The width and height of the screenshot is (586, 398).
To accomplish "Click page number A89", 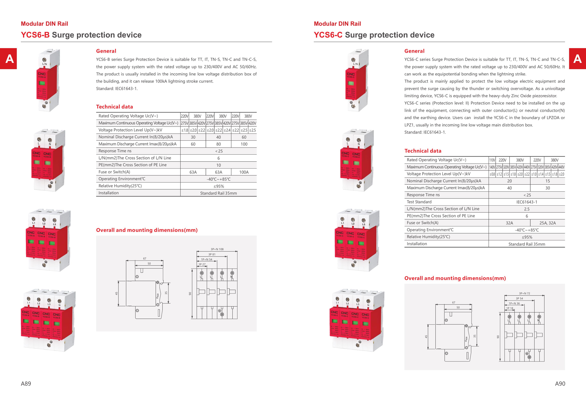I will [26, 384].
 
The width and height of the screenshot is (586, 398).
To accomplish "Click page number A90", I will [560, 384].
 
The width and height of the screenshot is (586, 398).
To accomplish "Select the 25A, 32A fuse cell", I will [547, 223].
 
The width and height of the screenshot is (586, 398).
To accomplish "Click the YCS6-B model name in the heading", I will [35, 35].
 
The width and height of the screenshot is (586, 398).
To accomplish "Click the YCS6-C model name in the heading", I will [328, 35].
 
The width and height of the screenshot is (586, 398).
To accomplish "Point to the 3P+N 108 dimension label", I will [217, 249].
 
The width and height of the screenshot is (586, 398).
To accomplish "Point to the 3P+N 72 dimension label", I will [524, 293].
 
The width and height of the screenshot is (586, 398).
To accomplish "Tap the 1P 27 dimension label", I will [202, 264].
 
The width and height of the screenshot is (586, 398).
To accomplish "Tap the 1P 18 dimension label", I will [510, 308].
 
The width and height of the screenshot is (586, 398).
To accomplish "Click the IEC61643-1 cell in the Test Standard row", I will [527, 202].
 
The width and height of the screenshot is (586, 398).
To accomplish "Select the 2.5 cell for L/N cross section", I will [527, 209].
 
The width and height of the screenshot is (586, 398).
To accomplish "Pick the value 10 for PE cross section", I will [218, 165].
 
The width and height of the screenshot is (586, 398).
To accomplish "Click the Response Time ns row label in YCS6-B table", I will [115, 151].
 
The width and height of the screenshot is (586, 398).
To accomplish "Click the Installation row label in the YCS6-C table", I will [417, 244].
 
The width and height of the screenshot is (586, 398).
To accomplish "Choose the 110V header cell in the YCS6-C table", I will [492, 160].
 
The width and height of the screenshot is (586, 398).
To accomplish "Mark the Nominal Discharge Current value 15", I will [547, 181].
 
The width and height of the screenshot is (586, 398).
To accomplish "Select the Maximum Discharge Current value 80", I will [218, 144].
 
